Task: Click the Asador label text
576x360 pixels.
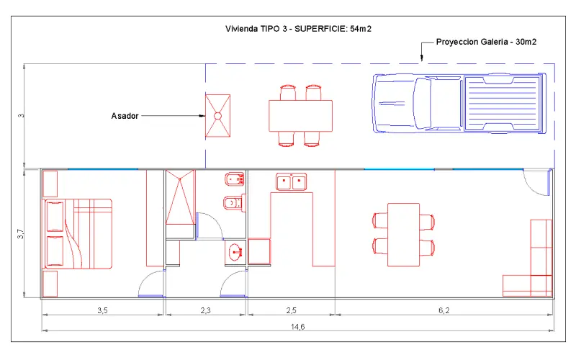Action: pos(125,116)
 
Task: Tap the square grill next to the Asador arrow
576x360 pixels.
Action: pos(218,116)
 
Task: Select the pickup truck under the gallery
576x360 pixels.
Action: pos(459,103)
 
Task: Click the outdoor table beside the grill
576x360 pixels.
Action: pos(300,116)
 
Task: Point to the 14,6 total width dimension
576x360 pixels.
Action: pos(297,327)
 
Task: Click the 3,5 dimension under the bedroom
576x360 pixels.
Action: pos(102,310)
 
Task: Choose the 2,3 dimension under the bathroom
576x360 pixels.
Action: pos(206,310)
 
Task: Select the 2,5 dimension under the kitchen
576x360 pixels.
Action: pos(292,310)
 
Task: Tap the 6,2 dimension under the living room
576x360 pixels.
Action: pos(444,310)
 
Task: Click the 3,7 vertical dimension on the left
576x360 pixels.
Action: pos(21,233)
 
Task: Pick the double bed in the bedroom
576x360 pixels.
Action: pos(78,234)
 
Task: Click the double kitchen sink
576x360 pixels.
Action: pos(292,181)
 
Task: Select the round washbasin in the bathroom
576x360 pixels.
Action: pos(235,253)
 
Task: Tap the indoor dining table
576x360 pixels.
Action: pos(404,235)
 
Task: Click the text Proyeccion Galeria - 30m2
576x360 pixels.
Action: pos(486,42)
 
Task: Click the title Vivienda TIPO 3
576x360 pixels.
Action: pos(256,29)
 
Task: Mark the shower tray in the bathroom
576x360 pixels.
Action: pos(180,197)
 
